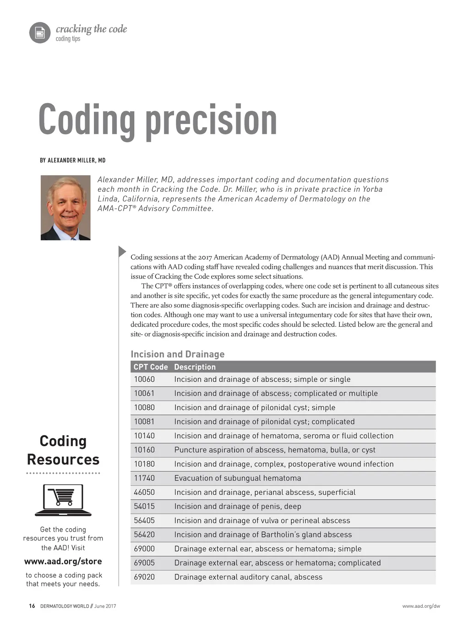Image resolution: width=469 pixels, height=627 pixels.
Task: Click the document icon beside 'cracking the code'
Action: tap(40, 33)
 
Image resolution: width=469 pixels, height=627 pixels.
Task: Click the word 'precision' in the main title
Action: tap(211, 120)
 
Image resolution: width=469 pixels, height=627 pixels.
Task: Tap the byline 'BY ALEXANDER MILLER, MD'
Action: tap(73, 160)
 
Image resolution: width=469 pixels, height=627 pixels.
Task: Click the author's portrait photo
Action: tap(65, 207)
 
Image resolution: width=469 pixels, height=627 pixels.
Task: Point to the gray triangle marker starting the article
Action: tap(122, 251)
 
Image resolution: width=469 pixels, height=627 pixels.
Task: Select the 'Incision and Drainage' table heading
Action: tap(178, 354)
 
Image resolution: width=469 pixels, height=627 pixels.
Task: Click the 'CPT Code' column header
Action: tap(151, 367)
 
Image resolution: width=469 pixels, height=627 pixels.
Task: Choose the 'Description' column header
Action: tap(195, 367)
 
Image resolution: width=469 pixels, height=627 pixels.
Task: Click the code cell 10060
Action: tap(144, 379)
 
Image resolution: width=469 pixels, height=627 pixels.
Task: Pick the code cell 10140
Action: tap(144, 436)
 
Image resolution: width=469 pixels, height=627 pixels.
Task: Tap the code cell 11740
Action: tap(144, 478)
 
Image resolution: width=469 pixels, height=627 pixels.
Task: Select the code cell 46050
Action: tap(144, 492)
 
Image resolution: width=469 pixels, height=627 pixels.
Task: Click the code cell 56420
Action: tap(144, 535)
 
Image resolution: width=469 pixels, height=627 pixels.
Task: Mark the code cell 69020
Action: tap(144, 577)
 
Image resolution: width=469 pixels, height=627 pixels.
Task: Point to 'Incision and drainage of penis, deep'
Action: tap(238, 507)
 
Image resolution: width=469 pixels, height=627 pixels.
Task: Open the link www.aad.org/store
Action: tap(63, 562)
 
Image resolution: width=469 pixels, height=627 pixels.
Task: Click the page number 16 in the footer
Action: tap(32, 606)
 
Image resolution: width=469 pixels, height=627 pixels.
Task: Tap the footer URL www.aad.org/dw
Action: tap(421, 606)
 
